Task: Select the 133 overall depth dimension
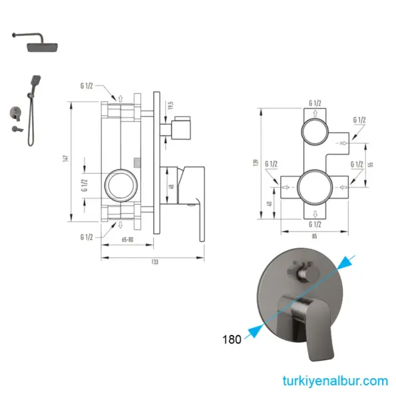point(154,262)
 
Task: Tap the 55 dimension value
point(371,163)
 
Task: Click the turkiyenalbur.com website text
point(334,381)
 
